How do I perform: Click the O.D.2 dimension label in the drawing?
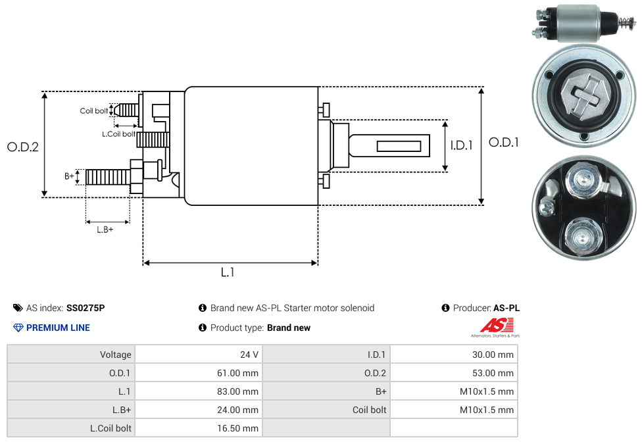pyautogui.click(x=23, y=147)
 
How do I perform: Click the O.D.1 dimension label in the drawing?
pyautogui.click(x=503, y=142)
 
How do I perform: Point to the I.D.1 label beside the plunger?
pyautogui.click(x=461, y=145)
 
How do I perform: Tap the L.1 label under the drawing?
pyautogui.click(x=228, y=272)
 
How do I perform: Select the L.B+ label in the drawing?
pyautogui.click(x=105, y=230)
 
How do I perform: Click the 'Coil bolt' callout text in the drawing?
pyautogui.click(x=94, y=111)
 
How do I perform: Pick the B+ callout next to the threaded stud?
pyautogui.click(x=69, y=176)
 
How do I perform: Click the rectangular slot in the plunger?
pyautogui.click(x=399, y=145)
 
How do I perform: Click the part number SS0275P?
pyautogui.click(x=86, y=308)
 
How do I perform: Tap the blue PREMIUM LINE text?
pyautogui.click(x=58, y=328)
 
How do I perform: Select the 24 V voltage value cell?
pyautogui.click(x=249, y=355)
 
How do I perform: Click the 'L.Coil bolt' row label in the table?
pyautogui.click(x=111, y=428)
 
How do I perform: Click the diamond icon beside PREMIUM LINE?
pyautogui.click(x=18, y=328)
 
